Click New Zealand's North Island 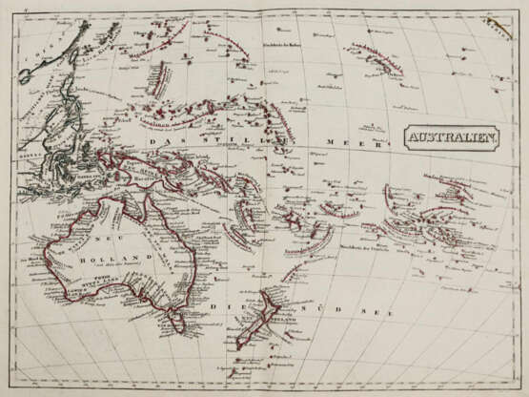(271, 305)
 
